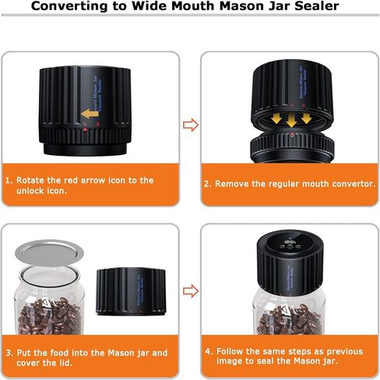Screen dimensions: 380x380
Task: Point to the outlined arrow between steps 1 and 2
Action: [190, 125]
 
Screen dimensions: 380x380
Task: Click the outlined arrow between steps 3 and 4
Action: [190, 290]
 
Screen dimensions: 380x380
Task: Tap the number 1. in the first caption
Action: [10, 180]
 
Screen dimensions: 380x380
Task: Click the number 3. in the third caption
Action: [10, 353]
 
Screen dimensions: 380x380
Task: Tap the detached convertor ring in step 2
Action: [289, 146]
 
